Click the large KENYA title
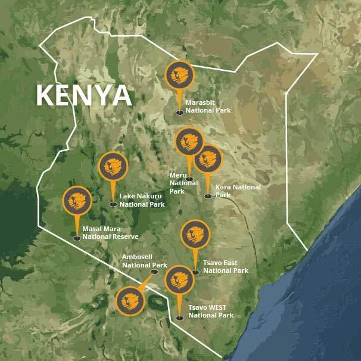pyautogui.click(x=83, y=95)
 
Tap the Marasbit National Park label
pyautogui.click(x=208, y=106)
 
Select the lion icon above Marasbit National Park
pyautogui.click(x=179, y=75)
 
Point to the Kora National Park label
pyautogui.click(x=238, y=191)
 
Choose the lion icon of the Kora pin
pyautogui.click(x=208, y=159)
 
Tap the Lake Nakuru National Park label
pyautogui.click(x=142, y=200)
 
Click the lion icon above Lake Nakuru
pyautogui.click(x=113, y=167)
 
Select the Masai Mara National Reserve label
pyautogui.click(x=110, y=232)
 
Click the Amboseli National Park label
pyautogui.click(x=144, y=261)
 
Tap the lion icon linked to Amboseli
pyautogui.click(x=130, y=301)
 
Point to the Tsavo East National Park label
pyautogui.click(x=225, y=266)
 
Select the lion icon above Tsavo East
pyautogui.click(x=195, y=235)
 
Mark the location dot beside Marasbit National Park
pyautogui.click(x=179, y=111)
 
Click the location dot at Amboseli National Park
pyautogui.click(x=154, y=272)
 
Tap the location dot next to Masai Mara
pyautogui.click(x=77, y=238)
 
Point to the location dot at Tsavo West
pyautogui.click(x=179, y=318)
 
